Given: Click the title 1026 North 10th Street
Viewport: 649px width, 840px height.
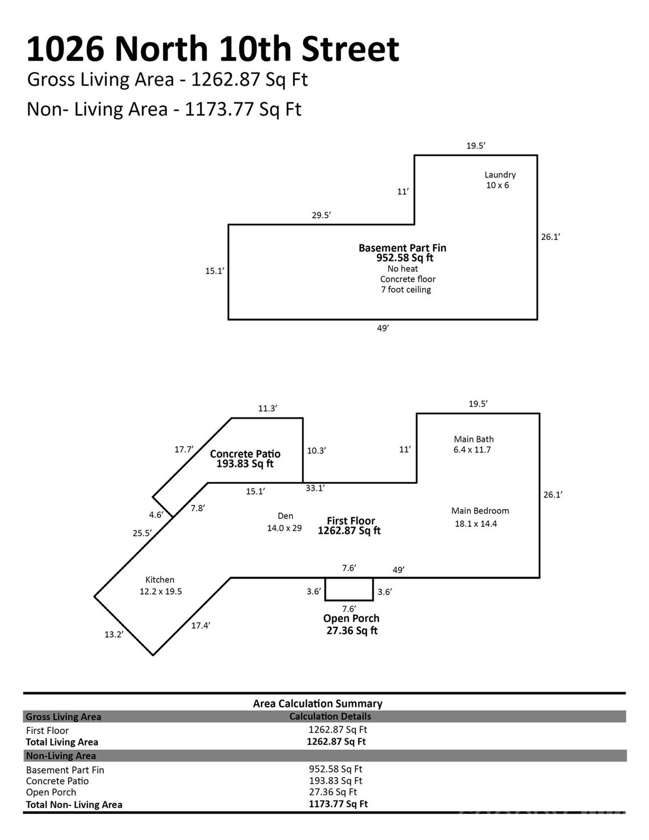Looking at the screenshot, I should [x=213, y=49].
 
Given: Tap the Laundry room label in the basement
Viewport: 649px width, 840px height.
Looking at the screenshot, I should [x=500, y=175].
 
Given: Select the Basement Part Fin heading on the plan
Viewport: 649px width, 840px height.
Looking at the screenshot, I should [x=402, y=248].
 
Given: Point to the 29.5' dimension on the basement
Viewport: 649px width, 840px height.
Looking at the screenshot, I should [x=321, y=215].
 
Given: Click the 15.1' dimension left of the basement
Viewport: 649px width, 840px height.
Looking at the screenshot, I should [x=214, y=271].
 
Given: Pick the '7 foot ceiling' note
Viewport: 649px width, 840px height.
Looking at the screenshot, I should [x=406, y=290].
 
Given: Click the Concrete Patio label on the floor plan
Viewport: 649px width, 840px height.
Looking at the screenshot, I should [x=245, y=454].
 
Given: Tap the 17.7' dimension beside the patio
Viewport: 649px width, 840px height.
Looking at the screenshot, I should [x=184, y=450].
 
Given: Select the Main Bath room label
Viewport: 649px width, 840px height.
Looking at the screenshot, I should [x=473, y=439].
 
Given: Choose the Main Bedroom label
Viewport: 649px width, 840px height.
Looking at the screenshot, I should [x=480, y=511].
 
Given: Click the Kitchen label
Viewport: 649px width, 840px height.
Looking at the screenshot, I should [x=160, y=580].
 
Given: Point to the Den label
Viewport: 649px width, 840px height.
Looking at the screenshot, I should [x=285, y=516].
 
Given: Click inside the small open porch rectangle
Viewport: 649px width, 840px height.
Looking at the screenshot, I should [x=349, y=589].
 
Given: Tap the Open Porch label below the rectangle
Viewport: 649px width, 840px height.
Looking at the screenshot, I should [x=351, y=619].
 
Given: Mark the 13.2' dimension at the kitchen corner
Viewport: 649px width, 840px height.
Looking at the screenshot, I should [x=114, y=634].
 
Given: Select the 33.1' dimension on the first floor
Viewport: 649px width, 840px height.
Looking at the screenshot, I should [x=315, y=488].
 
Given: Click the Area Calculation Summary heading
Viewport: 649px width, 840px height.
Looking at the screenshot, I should [x=317, y=704].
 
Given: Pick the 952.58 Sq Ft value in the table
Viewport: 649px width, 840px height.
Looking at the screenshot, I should [x=335, y=769].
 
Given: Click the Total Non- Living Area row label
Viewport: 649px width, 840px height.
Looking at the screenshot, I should [x=74, y=804].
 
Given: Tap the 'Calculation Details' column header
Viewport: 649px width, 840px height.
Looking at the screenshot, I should [x=330, y=716].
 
